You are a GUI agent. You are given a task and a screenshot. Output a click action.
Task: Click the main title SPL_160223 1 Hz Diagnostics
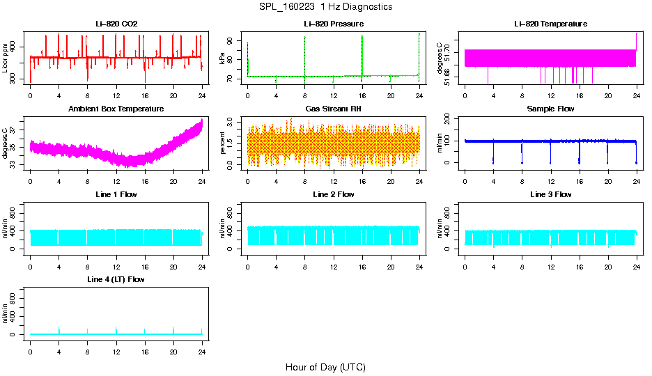tap(325, 7)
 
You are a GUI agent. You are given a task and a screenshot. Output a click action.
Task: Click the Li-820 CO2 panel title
tap(116, 24)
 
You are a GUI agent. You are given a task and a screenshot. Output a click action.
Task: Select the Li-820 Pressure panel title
tap(333, 24)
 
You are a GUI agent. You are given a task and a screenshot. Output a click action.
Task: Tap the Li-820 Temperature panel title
tap(550, 24)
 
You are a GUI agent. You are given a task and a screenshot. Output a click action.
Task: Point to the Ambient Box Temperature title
tap(116, 109)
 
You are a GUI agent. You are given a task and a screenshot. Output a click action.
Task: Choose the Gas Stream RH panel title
tap(333, 109)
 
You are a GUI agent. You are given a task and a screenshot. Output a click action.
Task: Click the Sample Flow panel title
tap(550, 109)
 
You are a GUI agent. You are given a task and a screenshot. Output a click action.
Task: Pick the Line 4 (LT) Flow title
tap(116, 279)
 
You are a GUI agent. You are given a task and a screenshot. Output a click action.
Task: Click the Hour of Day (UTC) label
tap(325, 367)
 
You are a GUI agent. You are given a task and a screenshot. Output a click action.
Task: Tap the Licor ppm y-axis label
tap(6, 58)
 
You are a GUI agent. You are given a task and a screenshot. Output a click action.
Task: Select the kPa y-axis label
tap(222, 58)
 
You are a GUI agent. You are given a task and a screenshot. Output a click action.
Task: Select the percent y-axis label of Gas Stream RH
tap(222, 143)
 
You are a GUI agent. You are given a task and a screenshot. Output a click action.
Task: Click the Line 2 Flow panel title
tap(333, 194)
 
